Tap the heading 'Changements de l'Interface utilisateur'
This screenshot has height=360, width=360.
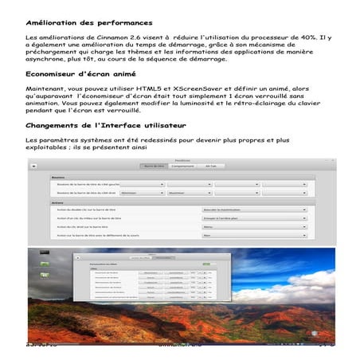[95, 126]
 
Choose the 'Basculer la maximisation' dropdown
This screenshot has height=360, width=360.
[254, 209]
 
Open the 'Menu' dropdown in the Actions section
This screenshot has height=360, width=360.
[254, 227]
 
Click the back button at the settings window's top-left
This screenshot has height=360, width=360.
[33, 165]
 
